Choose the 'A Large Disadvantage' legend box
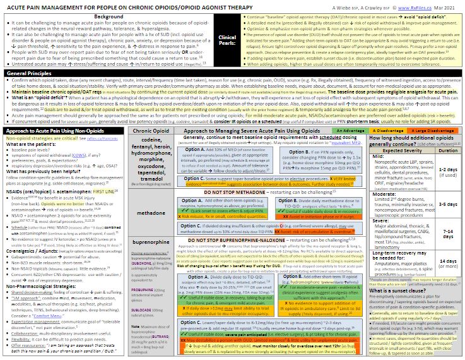click(430, 130)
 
